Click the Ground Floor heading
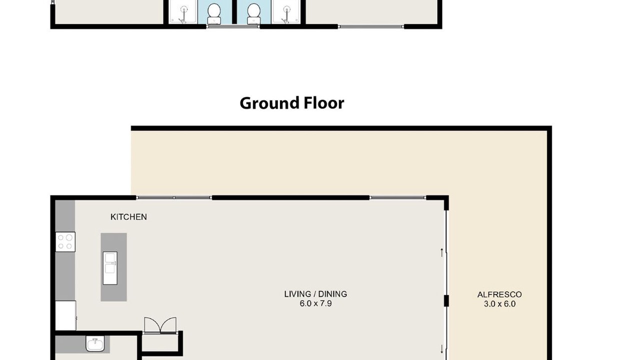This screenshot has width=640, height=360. point(291,103)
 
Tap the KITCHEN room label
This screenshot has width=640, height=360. point(128,217)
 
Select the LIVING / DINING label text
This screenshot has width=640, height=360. point(315,294)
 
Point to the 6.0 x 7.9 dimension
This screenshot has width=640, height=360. point(315,303)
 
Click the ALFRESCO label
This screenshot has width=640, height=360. point(499,294)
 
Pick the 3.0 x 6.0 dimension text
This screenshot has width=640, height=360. point(499,304)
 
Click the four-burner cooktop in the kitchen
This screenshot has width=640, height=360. point(65,241)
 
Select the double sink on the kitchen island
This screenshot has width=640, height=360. point(110,268)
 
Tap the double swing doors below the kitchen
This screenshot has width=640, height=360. point(160,325)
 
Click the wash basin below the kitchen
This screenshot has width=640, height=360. point(95,343)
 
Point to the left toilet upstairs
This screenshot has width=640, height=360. point(213,13)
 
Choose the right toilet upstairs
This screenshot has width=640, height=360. point(253,13)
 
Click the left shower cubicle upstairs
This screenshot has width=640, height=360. point(182,11)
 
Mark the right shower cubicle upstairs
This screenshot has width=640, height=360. point(286,11)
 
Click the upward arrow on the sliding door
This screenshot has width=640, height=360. point(441,252)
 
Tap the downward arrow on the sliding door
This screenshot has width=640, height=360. point(441,349)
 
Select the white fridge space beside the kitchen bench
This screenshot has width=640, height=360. point(65,315)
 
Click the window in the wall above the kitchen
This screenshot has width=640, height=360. point(173,197)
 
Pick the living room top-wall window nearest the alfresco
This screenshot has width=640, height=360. point(397,197)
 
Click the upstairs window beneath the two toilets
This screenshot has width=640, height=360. point(233,26)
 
